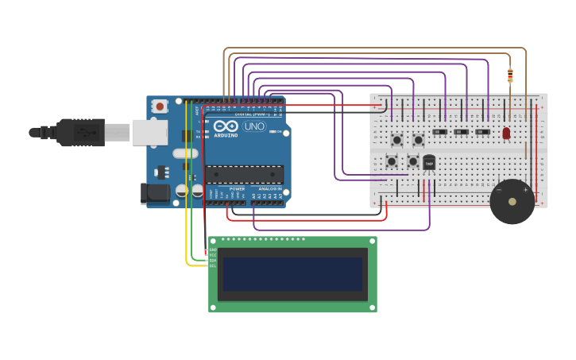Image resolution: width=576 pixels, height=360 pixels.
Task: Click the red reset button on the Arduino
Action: pos(160,106)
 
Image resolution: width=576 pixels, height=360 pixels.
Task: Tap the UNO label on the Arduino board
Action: pos(253,126)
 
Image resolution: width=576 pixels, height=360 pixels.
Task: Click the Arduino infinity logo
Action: pos(225,126)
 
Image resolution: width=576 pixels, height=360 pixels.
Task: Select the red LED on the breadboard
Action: pos(506,133)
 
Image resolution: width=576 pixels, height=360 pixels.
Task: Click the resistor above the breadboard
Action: pos(510,75)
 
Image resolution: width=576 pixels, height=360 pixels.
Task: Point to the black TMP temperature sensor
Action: pos(429,162)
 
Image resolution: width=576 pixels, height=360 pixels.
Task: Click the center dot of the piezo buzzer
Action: pos(512,202)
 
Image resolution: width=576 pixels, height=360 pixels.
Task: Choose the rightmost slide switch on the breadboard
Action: pos(482,131)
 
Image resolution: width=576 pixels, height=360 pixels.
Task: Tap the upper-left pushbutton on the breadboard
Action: pos(396,140)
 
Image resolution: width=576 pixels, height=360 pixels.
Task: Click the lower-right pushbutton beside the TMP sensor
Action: pos(412,161)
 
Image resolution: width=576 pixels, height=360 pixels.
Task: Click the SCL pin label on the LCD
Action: pos(212,265)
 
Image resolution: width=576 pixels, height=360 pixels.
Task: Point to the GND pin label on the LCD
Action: pos(212,250)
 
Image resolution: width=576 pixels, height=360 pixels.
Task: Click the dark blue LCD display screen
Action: pos(292,273)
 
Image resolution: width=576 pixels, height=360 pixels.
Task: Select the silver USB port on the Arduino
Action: pos(149,133)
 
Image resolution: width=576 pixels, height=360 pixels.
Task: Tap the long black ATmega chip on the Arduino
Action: pos(245,174)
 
